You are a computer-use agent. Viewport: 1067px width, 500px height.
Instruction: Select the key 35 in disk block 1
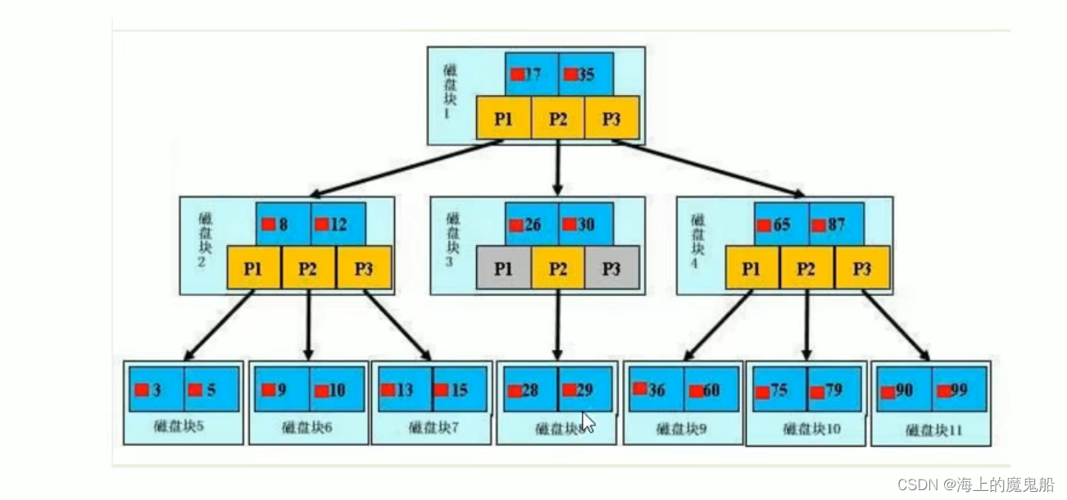click(x=585, y=75)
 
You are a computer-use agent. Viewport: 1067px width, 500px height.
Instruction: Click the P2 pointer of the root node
click(x=558, y=118)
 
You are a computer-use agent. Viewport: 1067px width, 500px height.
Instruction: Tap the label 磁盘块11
click(x=934, y=430)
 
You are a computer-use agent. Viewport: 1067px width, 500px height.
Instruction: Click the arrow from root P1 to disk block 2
click(x=406, y=168)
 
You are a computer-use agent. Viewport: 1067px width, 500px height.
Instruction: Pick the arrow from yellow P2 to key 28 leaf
click(x=558, y=324)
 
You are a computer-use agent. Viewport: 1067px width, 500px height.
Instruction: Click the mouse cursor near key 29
click(x=588, y=422)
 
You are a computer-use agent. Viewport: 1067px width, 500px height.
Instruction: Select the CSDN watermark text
click(x=975, y=484)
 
